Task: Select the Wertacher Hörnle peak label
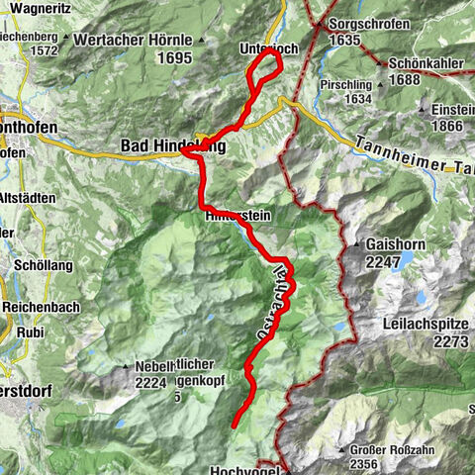[134, 43]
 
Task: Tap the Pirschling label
[345, 85]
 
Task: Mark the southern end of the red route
[234, 426]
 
